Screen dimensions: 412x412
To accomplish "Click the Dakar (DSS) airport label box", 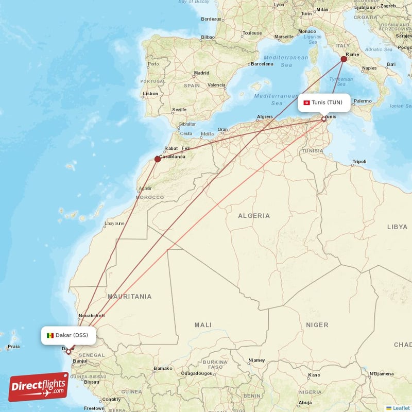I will (68, 335).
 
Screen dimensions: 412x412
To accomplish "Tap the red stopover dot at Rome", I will (344, 59).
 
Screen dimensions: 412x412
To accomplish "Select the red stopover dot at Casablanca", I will (158, 159).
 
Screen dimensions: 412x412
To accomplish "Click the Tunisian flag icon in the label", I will (307, 102).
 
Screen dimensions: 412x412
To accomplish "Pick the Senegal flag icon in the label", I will (50, 336).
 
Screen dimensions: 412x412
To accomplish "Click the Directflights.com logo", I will (39, 387).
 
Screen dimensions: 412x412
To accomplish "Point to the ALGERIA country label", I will (253, 216).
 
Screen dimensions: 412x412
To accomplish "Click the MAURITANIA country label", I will (129, 296).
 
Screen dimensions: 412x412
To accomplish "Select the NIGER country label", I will (317, 325).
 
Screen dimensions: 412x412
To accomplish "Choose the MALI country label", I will (202, 325).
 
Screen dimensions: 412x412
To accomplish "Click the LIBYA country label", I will (397, 227).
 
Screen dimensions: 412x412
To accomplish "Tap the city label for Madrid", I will (201, 73).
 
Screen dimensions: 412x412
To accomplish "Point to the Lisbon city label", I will (151, 94).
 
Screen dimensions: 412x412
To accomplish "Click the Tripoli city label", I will (359, 162).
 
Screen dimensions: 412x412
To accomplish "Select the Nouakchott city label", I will (92, 316).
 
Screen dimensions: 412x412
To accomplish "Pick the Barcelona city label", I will (262, 64).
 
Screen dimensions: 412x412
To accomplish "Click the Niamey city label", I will (256, 360).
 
